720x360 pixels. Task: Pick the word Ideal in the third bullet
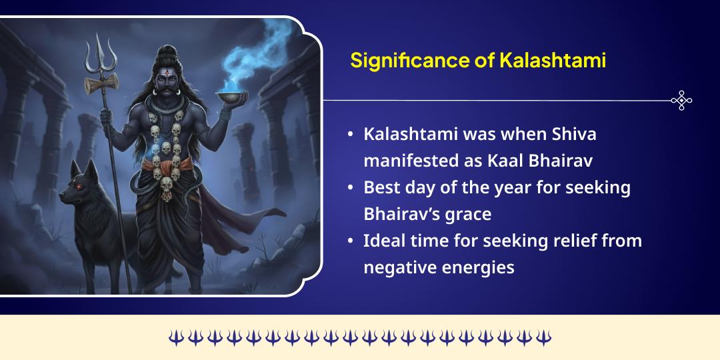384,241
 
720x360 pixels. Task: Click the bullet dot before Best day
351,188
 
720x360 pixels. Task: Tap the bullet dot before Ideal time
351,241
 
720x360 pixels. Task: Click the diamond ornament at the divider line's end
681,101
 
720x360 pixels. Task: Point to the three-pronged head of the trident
99,53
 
